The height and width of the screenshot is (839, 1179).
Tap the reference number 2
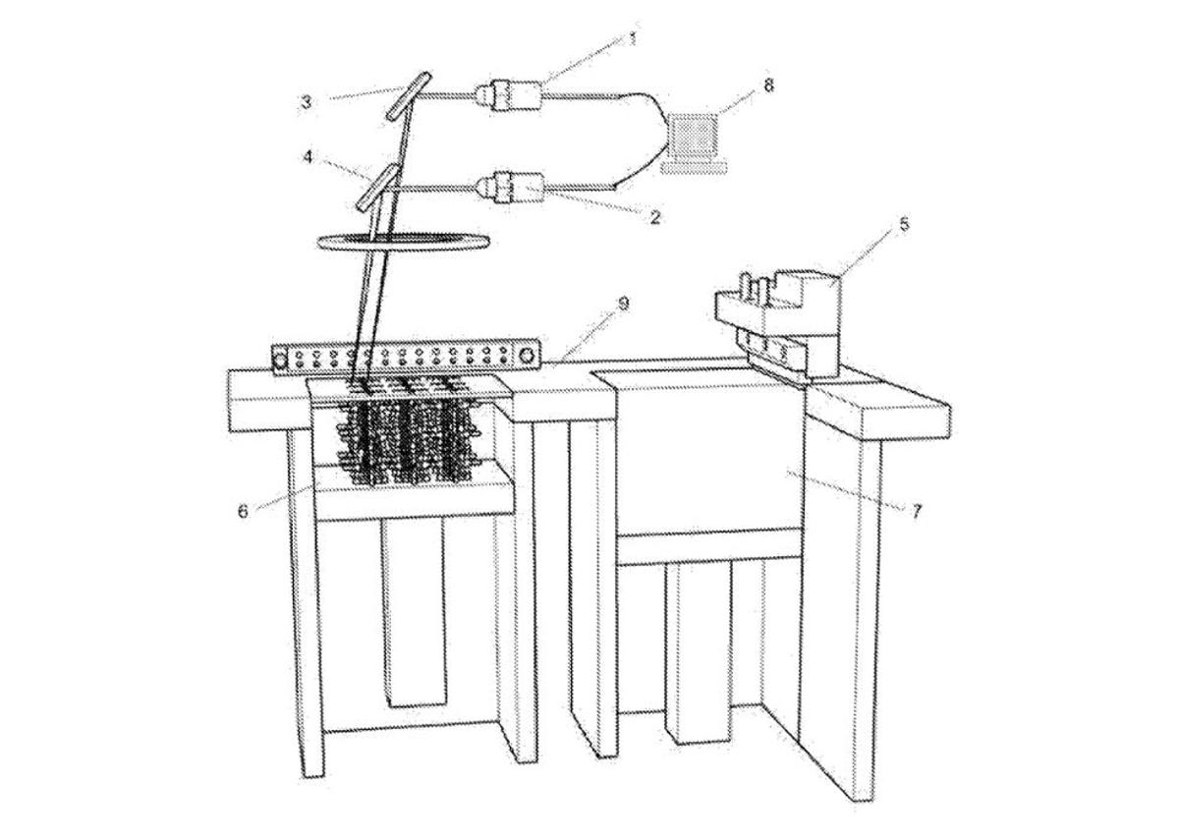(655, 218)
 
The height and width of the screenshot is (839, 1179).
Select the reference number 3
(306, 101)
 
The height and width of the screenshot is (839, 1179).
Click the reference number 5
(904, 224)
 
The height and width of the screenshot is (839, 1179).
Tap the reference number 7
(916, 511)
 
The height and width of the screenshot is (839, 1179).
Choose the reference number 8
(768, 84)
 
